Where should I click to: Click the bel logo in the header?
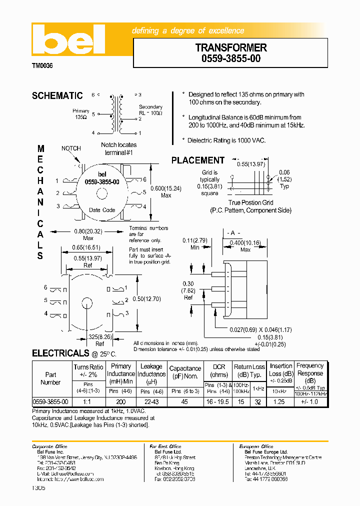tap(68, 40)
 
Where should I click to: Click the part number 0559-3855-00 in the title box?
tap(231, 58)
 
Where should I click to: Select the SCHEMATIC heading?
tap(57, 96)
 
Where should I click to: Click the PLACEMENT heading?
tap(198, 160)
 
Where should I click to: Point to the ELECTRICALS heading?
tap(60, 353)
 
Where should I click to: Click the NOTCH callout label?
tap(71, 148)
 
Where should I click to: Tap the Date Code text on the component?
tap(102, 210)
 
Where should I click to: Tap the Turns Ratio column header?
tap(88, 370)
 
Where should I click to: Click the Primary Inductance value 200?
tap(120, 401)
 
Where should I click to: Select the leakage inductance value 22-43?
tap(151, 401)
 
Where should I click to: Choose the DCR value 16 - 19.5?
tap(219, 401)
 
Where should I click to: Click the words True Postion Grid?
tap(250, 202)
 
